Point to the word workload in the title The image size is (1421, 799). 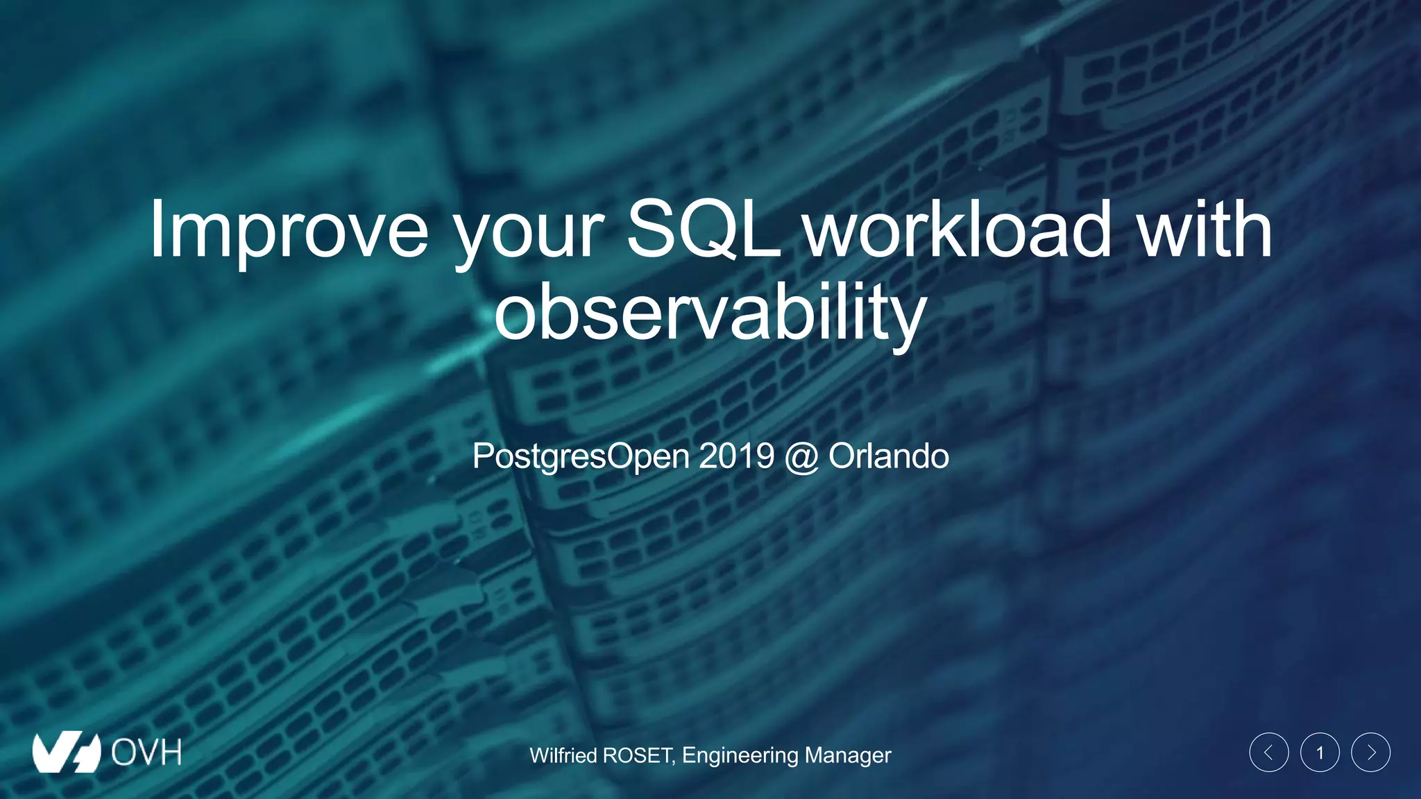click(958, 229)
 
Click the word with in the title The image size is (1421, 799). click(1204, 229)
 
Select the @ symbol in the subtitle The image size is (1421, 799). click(801, 457)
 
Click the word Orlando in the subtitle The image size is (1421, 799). click(888, 456)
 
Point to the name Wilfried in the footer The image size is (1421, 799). click(563, 755)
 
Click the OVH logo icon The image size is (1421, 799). click(67, 752)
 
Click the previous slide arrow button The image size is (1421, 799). click(1269, 753)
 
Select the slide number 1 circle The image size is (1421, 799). click(1320, 753)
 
